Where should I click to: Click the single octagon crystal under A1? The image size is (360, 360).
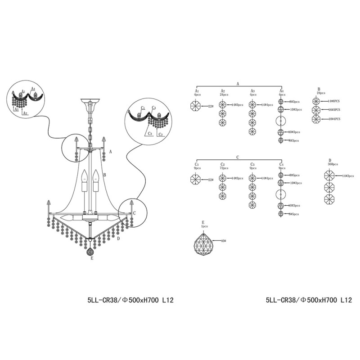coord(196,106)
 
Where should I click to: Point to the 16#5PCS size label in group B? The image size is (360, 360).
coord(334,109)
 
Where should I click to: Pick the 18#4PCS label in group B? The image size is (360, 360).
coord(334,118)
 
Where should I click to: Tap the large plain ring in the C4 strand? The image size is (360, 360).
coord(280,194)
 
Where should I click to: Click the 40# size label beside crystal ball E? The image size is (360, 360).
coord(224,241)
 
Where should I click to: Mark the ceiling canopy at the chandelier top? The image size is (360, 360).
coord(90,104)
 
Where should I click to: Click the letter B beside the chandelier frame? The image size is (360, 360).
coord(104,175)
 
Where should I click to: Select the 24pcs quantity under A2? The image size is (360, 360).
coord(223,95)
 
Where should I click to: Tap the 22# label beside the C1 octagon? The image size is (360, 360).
coord(210,180)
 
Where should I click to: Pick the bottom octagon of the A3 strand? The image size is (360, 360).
coord(252,131)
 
